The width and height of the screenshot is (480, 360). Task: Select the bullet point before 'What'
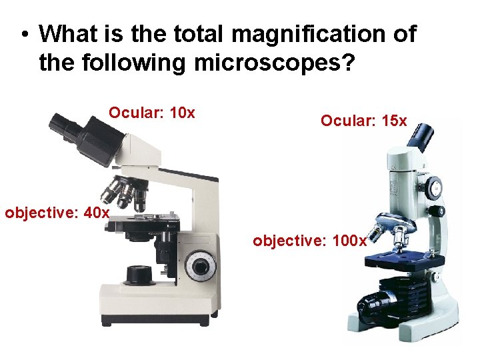point(24,34)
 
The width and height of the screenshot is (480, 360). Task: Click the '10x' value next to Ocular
point(183,113)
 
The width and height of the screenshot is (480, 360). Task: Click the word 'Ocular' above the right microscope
point(347,121)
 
